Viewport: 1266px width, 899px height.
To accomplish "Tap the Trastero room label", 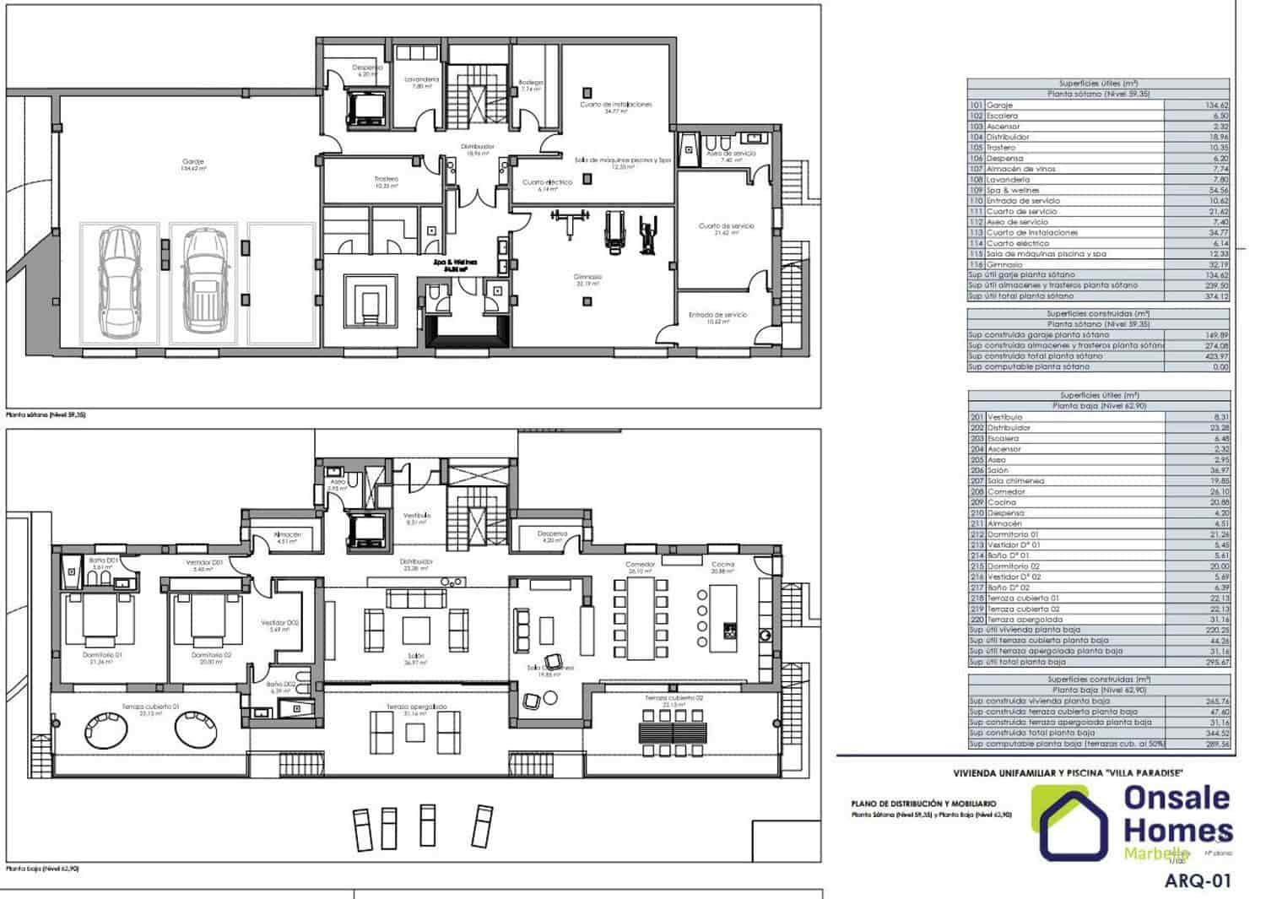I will [387, 179].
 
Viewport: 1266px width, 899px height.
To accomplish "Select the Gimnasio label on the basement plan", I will [589, 277].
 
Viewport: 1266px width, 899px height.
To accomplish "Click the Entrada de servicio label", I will [717, 315].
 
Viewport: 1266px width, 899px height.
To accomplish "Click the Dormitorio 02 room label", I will [211, 655].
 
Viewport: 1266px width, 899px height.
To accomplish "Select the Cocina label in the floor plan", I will [722, 565].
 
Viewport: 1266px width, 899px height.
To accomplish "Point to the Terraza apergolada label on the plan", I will [417, 707].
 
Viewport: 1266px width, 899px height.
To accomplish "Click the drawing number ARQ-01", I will [1198, 881].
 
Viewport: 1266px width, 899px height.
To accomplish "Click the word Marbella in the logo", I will [1157, 853].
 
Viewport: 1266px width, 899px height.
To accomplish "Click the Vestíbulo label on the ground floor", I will [417, 515].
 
